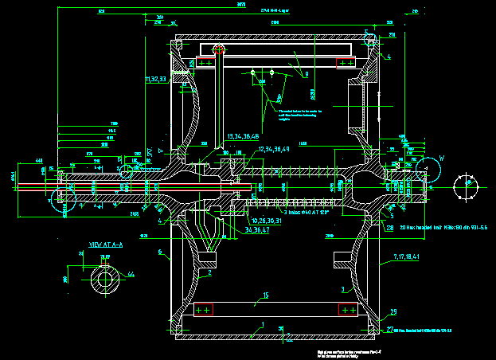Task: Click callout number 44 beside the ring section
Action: (131, 274)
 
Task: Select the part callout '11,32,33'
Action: (155, 80)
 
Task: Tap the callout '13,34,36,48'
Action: (244, 136)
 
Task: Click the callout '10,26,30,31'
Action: (266, 221)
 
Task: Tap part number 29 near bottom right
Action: (393, 311)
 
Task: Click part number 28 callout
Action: (390, 227)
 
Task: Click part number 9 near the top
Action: (306, 74)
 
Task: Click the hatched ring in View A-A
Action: (104, 279)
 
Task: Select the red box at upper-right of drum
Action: (346, 61)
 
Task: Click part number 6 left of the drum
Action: (159, 252)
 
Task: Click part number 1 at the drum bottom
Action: (261, 324)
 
